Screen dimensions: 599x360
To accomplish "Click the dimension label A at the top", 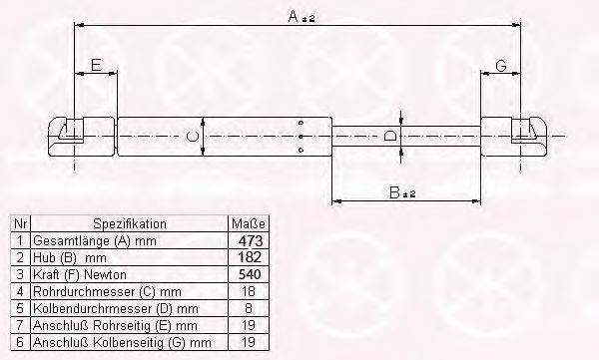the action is point(293,16).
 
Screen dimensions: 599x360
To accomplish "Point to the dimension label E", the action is point(96,65).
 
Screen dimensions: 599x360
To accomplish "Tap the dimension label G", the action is point(501,66).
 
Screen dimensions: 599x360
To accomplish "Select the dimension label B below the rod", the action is point(394,192).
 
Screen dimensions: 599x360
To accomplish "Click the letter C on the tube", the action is point(192,137).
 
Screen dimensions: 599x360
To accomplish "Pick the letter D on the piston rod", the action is point(389,136).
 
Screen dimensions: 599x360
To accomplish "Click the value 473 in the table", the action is point(251,241).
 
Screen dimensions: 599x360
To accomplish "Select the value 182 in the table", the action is point(250,257).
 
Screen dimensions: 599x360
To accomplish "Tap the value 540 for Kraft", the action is point(250,274).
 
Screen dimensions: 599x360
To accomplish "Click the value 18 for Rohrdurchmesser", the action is point(249,291).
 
